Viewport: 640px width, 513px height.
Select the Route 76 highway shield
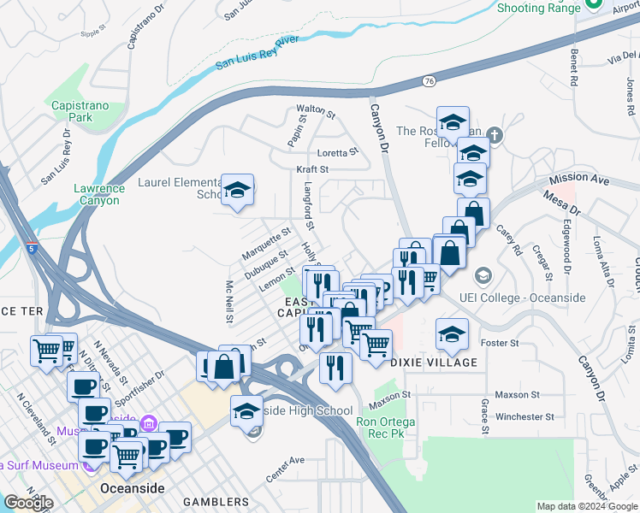click(x=429, y=80)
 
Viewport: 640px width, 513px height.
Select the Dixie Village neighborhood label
click(x=434, y=363)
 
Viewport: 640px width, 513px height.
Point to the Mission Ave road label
click(x=579, y=179)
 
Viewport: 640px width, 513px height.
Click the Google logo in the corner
click(x=28, y=503)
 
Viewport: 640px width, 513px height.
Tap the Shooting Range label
click(x=532, y=9)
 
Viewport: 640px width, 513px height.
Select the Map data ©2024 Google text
click(x=587, y=506)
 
